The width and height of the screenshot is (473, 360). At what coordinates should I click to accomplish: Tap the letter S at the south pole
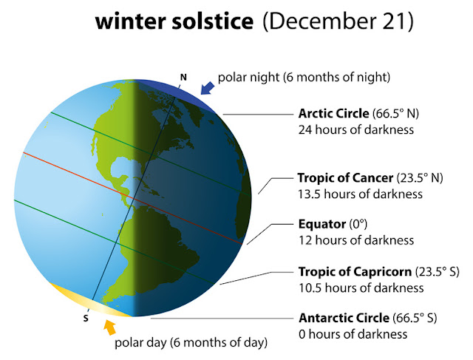86,319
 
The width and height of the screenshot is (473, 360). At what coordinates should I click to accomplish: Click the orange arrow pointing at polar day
110,326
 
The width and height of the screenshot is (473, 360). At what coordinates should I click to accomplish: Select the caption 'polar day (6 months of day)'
190,343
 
